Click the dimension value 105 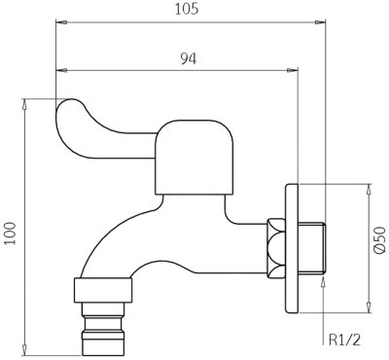[x=187, y=9]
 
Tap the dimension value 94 [x=189, y=58]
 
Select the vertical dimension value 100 [x=12, y=234]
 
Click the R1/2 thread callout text [x=344, y=341]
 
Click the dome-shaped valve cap [x=194, y=158]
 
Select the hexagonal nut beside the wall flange [x=276, y=248]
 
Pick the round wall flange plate [x=292, y=249]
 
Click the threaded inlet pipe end [x=311, y=248]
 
